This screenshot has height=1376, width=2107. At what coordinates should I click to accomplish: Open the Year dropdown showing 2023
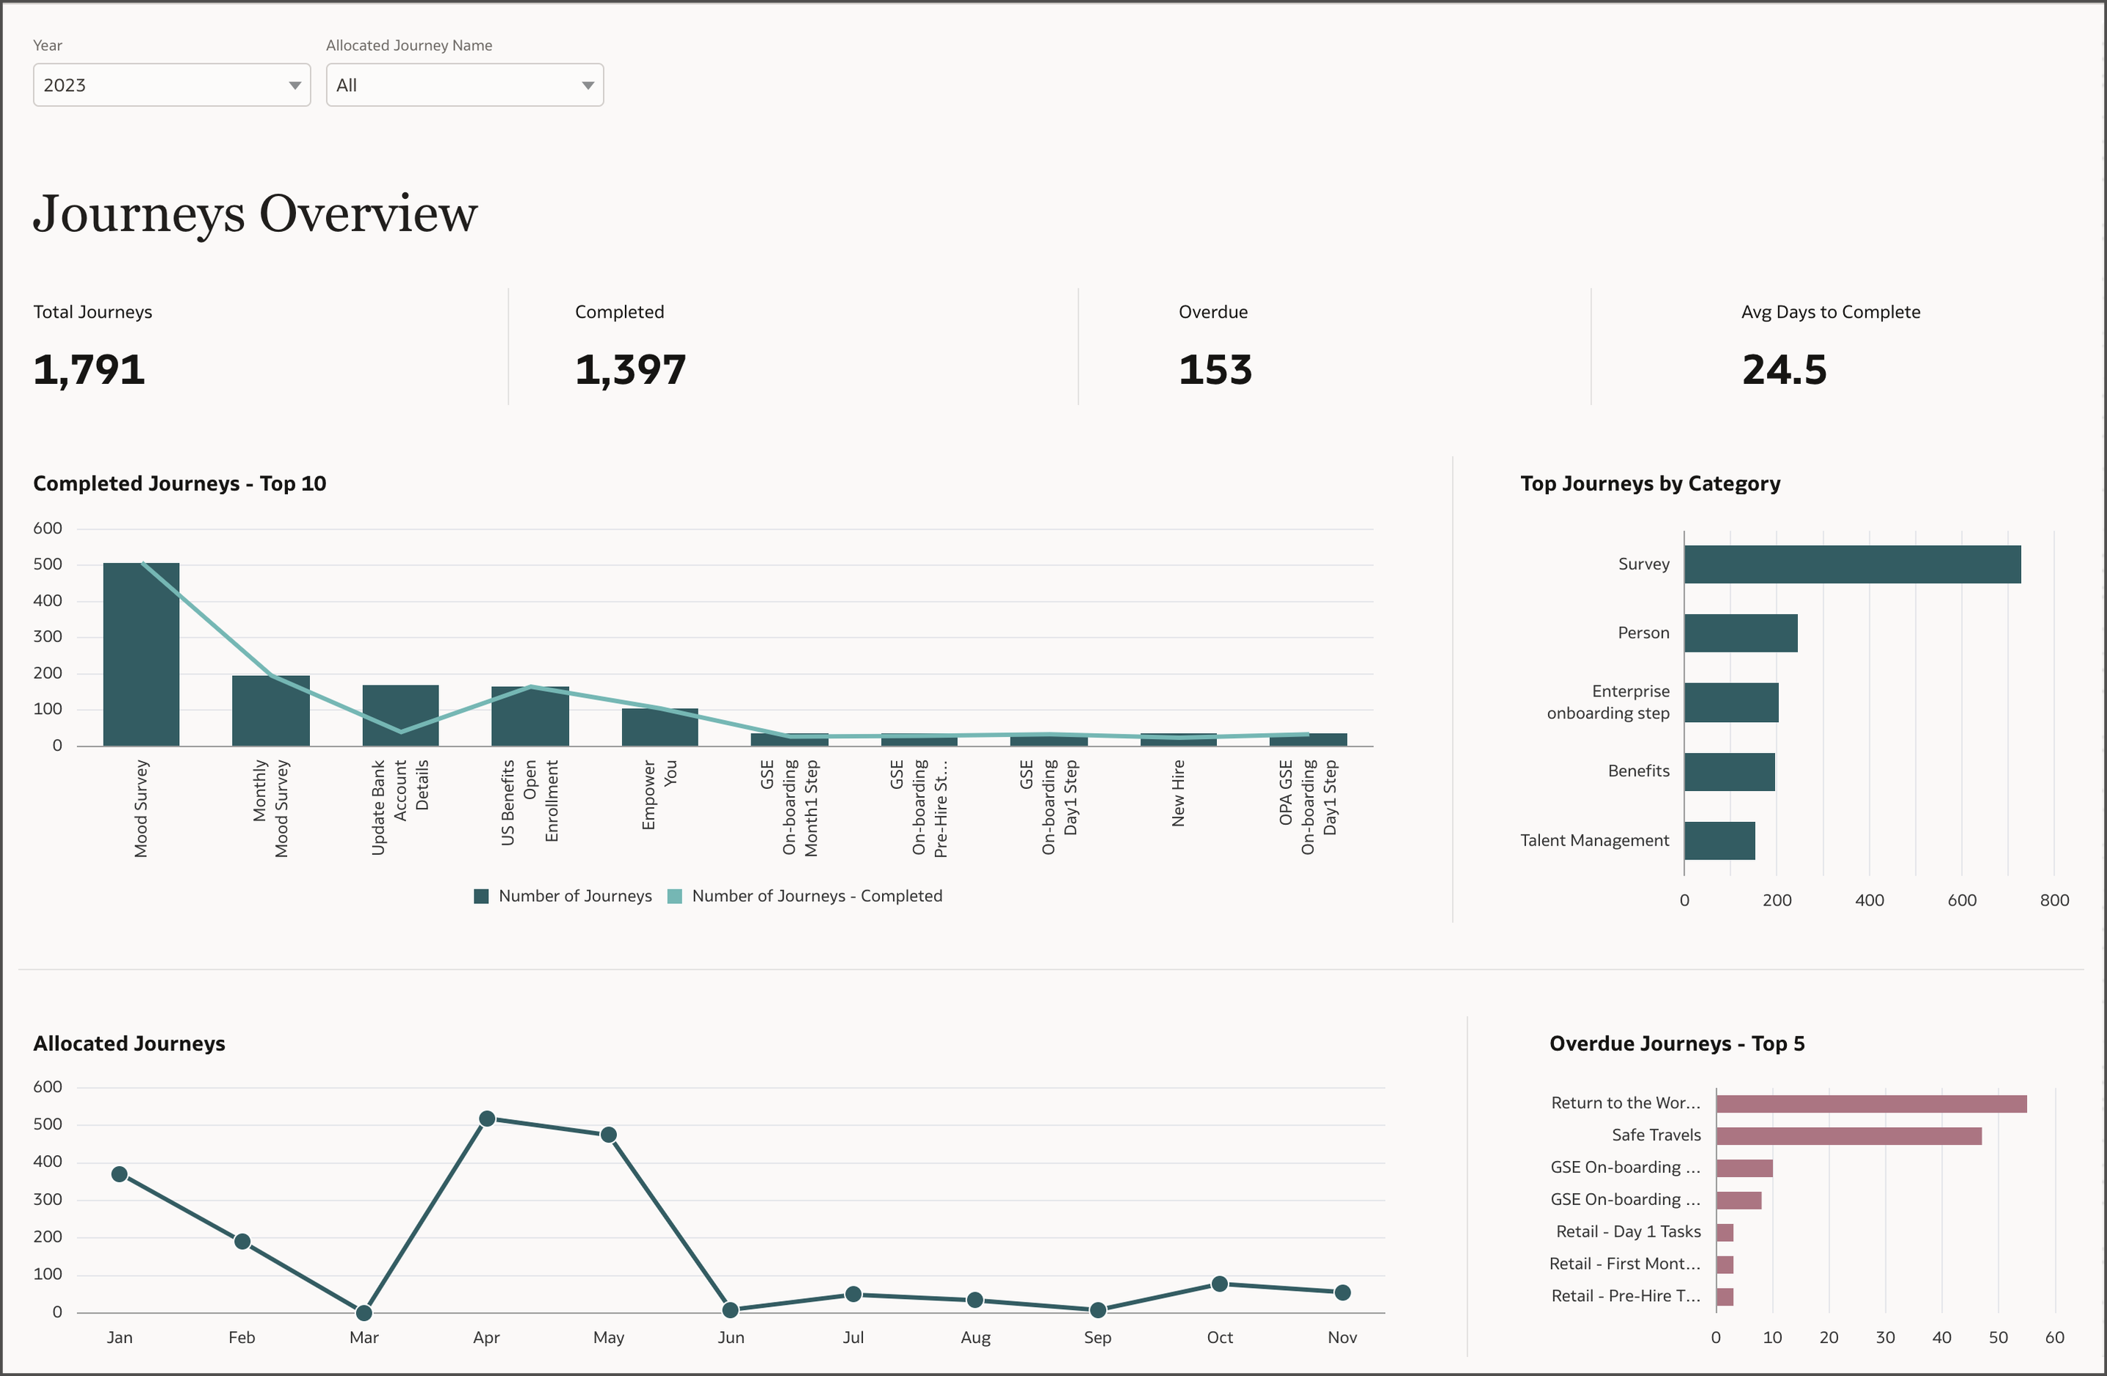coord(171,85)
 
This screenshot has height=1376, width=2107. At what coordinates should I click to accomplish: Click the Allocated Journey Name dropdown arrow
coord(587,86)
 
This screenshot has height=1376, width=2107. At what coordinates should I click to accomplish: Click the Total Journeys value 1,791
coord(89,370)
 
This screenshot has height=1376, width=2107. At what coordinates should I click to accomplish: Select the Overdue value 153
coord(1215,370)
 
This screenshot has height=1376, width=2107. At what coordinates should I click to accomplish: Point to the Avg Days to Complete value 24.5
coord(1784,370)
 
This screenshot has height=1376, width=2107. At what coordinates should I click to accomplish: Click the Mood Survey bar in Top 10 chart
coord(141,655)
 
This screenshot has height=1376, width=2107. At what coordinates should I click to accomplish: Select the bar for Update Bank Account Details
coord(400,715)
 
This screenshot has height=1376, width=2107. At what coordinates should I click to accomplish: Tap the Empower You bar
coord(659,727)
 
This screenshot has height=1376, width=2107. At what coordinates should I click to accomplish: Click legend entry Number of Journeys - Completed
coord(806,895)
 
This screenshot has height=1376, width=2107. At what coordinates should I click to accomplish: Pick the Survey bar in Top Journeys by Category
coord(1852,564)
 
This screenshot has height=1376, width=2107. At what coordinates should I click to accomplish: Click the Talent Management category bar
coord(1719,840)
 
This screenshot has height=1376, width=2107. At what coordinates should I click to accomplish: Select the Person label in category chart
coord(1643,633)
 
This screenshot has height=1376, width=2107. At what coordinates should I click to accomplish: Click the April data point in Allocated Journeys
coord(486,1119)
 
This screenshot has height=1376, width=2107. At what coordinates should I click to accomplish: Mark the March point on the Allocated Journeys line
coord(364,1311)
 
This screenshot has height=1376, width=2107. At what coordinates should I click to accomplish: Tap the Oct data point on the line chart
coord(1219,1284)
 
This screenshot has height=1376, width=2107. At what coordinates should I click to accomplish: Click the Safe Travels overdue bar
coord(1848,1135)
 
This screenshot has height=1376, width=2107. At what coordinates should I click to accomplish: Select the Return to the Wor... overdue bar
coord(1871,1104)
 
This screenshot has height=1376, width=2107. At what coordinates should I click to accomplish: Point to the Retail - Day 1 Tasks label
coord(1628,1231)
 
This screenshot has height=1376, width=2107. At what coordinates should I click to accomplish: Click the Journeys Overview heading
coord(255,214)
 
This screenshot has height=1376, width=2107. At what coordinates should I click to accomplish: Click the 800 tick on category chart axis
coord(2054,900)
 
